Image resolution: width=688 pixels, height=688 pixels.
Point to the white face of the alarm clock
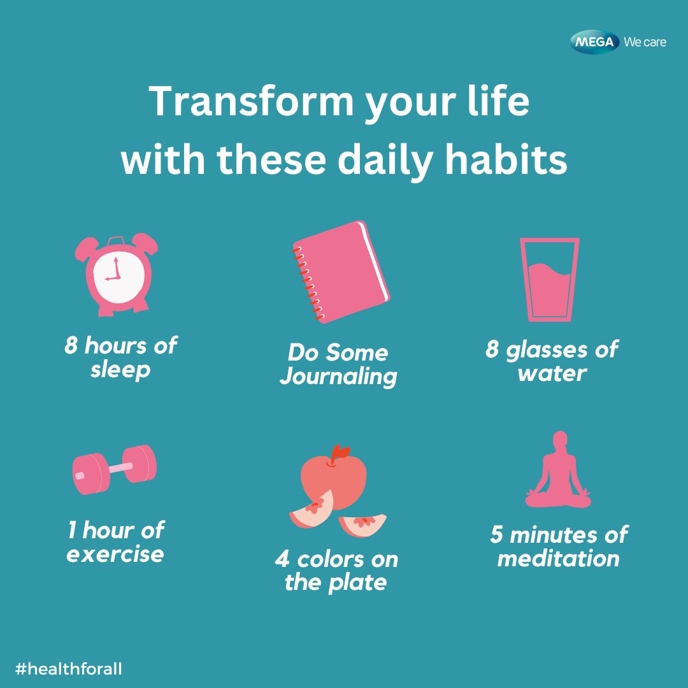point(114,278)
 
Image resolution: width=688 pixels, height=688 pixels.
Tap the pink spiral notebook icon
point(341,273)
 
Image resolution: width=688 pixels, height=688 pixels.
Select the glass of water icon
point(549,280)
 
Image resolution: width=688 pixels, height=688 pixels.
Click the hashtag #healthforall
point(68,669)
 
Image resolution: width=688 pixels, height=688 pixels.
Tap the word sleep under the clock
point(120,369)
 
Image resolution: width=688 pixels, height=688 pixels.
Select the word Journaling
point(338,376)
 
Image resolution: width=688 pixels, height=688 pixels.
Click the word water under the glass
point(552,373)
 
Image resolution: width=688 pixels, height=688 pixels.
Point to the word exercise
point(115,554)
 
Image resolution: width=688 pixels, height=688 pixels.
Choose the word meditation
point(559,559)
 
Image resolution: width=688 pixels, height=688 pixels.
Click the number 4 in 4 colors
point(282,560)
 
